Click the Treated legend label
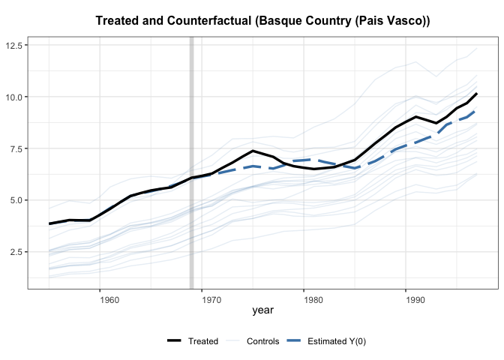(x=203, y=341)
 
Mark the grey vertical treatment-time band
(x=192, y=161)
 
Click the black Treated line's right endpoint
(x=476, y=94)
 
